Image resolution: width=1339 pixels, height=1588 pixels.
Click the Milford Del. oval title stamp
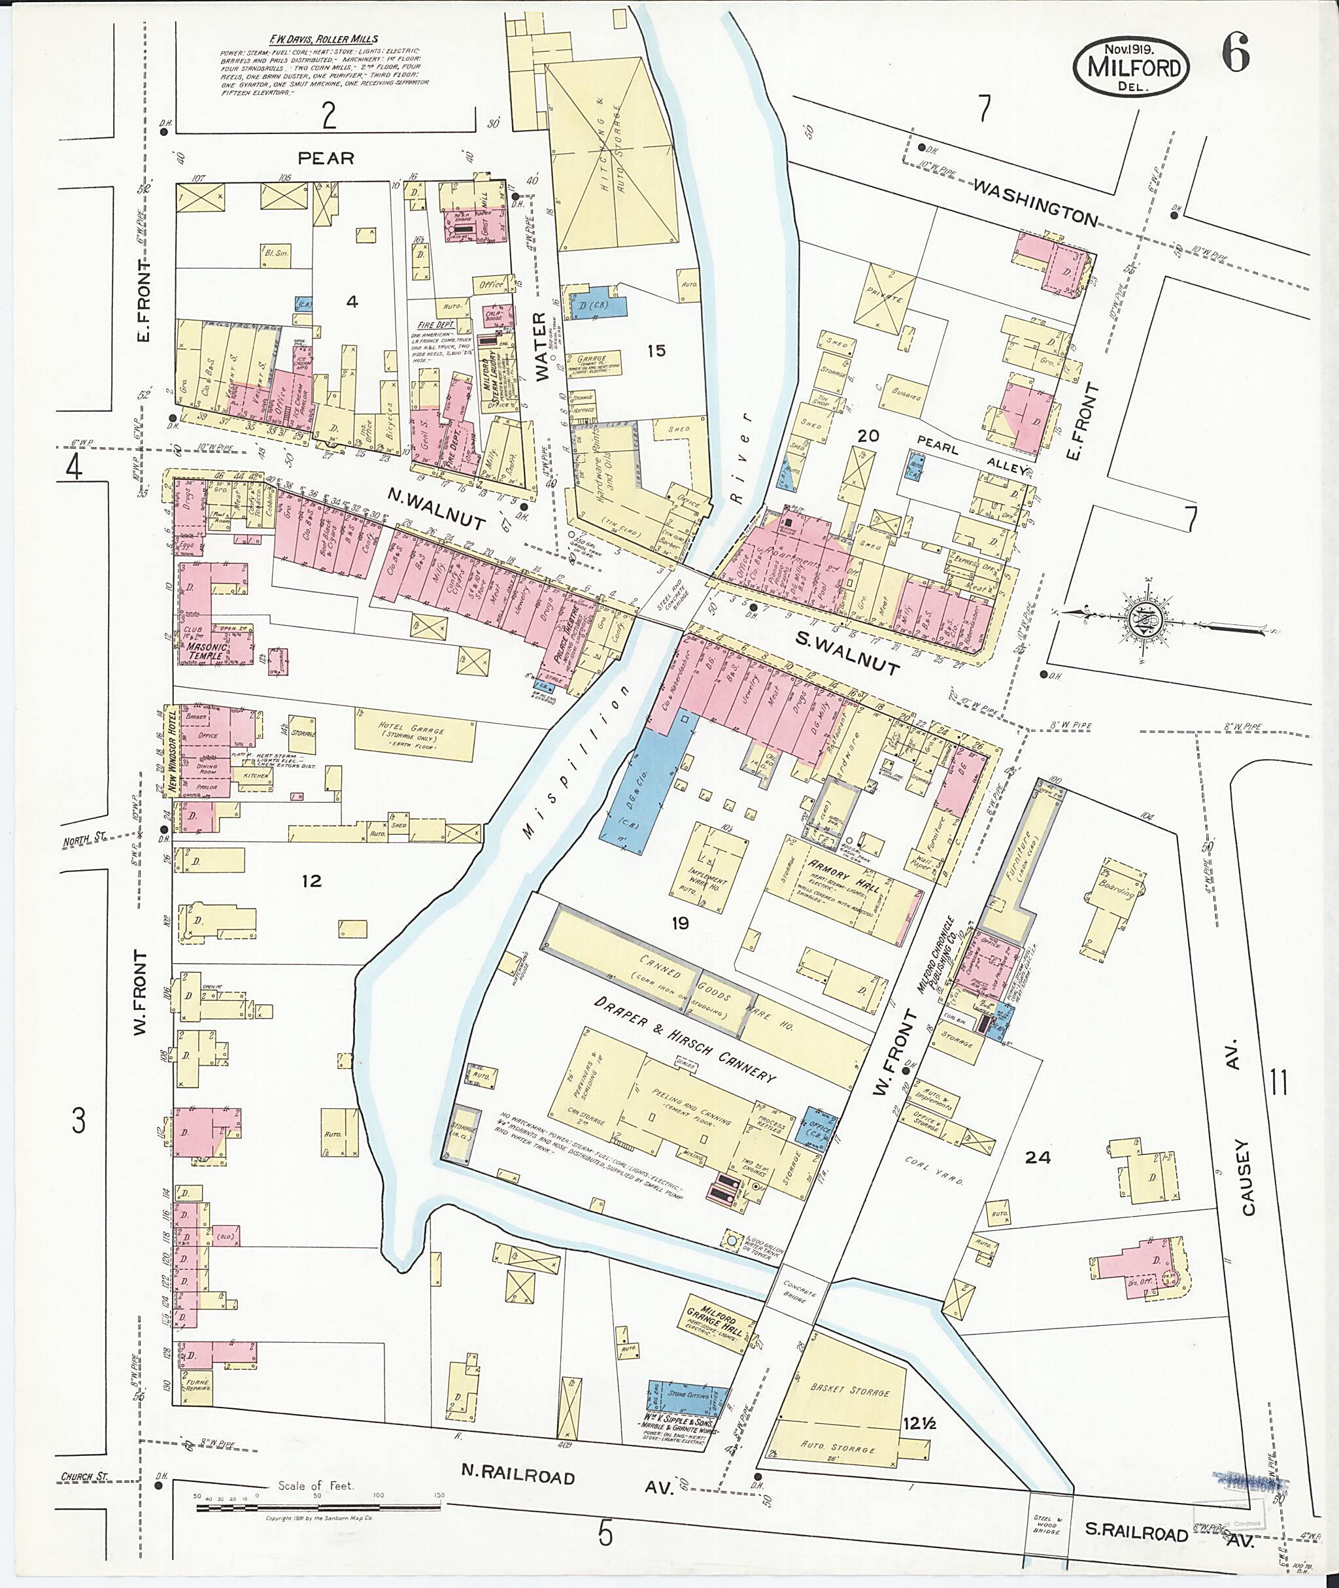pyautogui.click(x=1131, y=66)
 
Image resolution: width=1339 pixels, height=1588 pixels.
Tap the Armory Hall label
pyautogui.click(x=843, y=876)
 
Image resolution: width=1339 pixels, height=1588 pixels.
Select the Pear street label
pyautogui.click(x=326, y=158)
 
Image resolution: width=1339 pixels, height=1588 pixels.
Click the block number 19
pyautogui.click(x=679, y=923)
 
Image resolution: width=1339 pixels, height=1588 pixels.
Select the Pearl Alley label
pyautogui.click(x=972, y=456)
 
